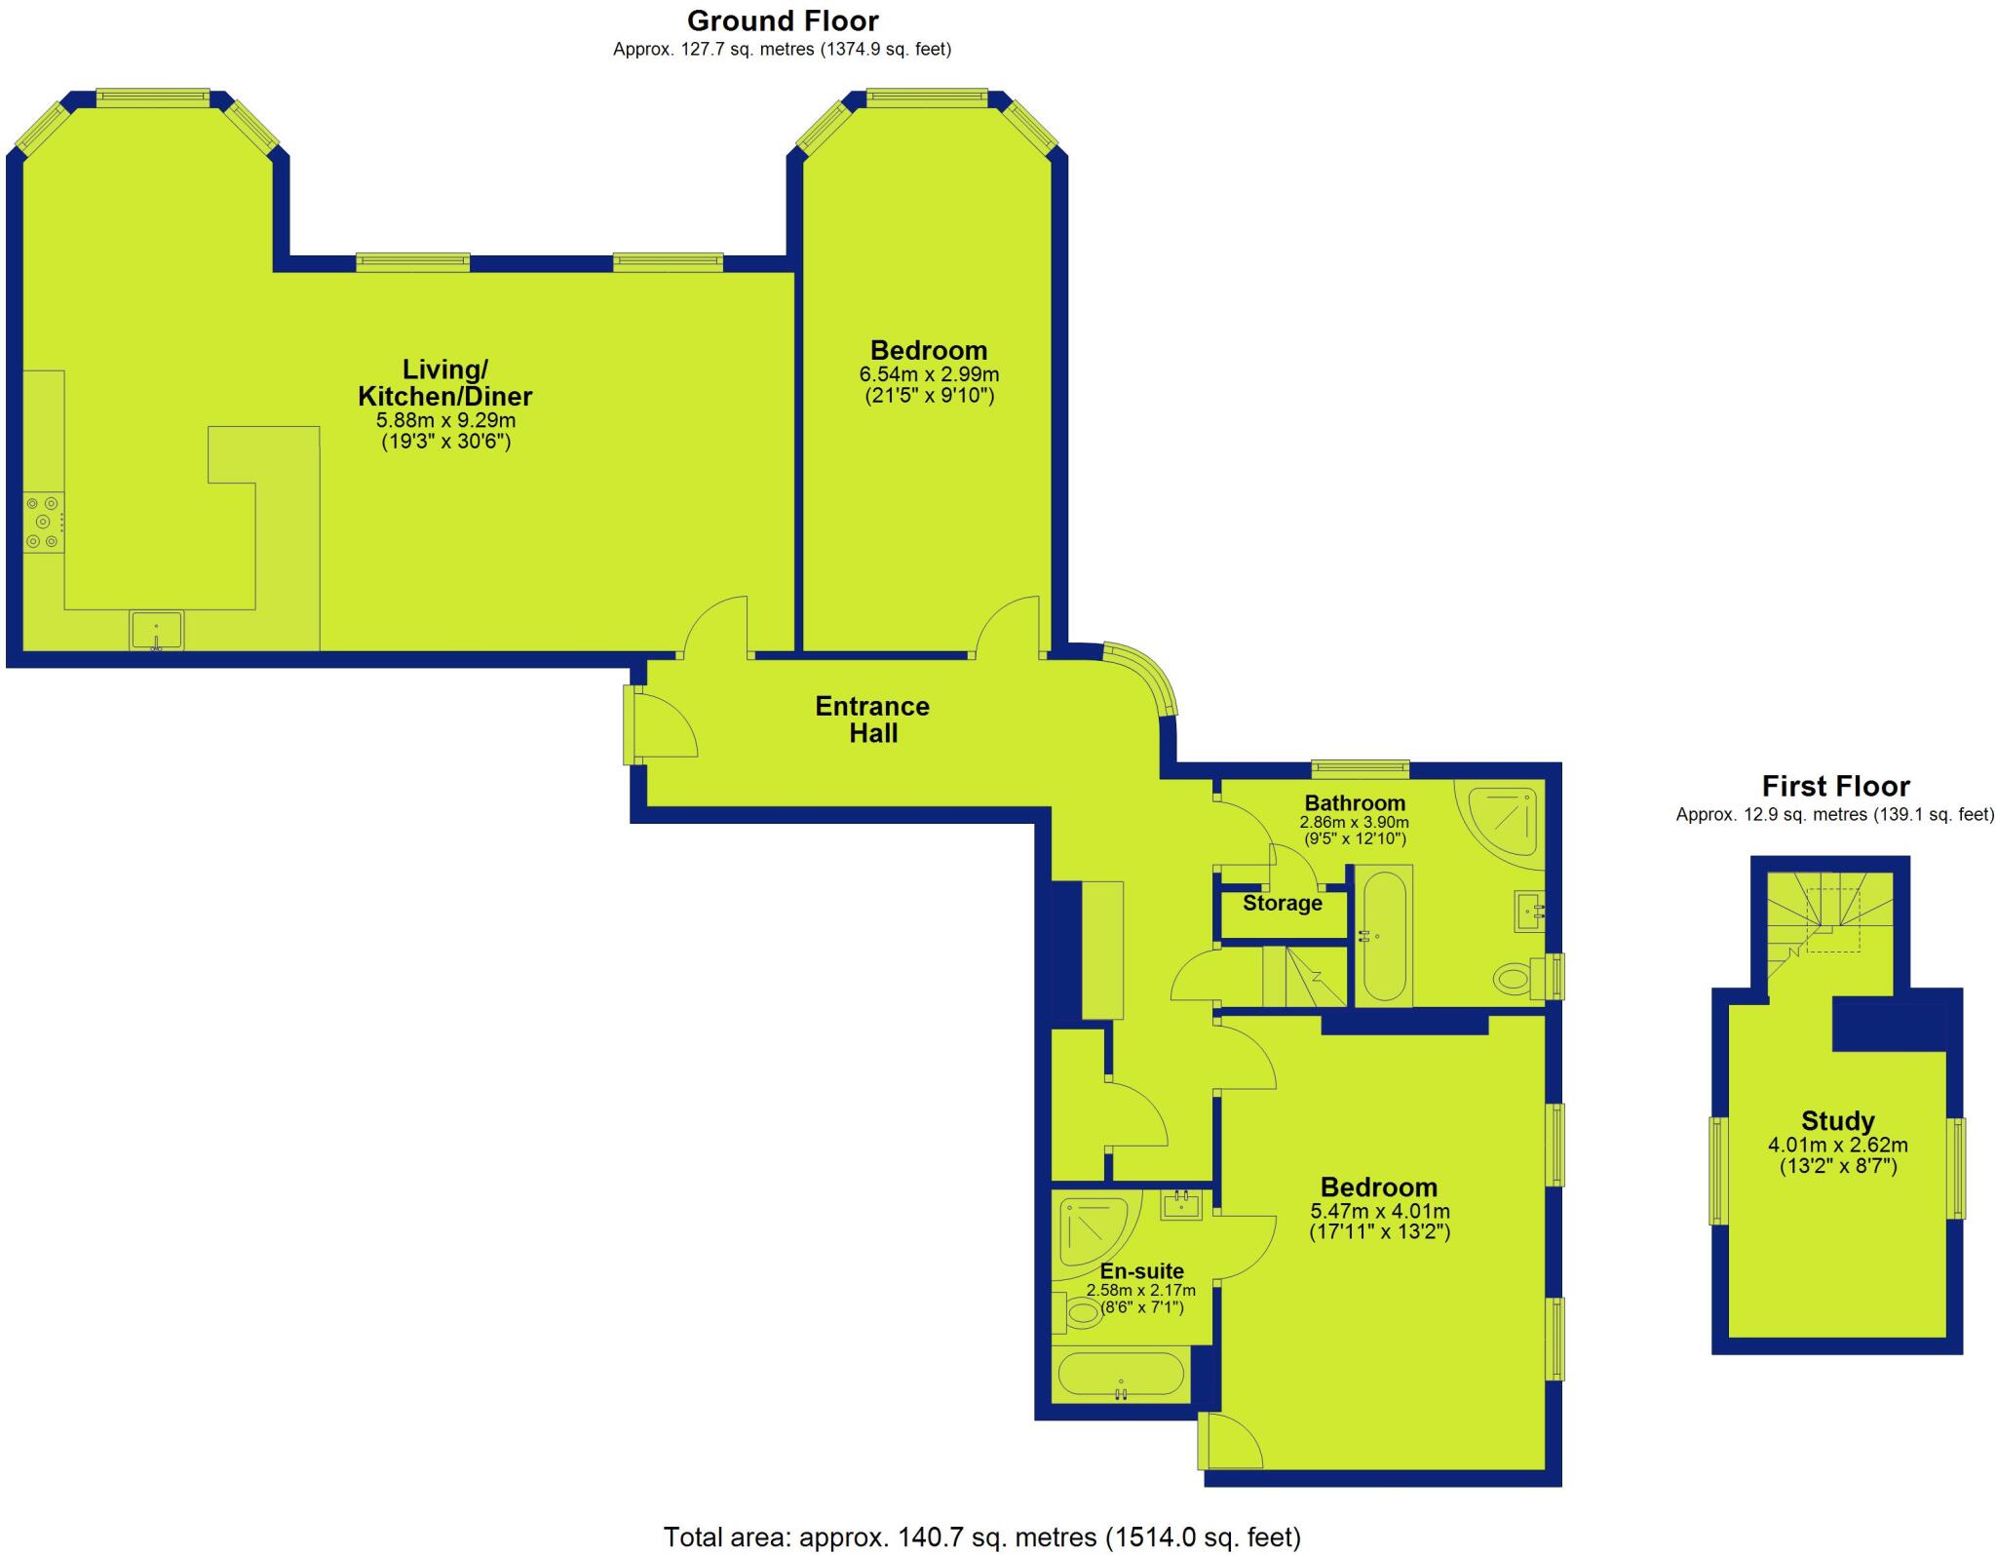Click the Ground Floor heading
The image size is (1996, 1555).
pos(782,20)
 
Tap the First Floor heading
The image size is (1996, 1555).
pos(1835,786)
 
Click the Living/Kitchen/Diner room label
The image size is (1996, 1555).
pos(445,383)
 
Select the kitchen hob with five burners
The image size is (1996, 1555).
pos(44,523)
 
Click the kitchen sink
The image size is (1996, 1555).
pos(156,630)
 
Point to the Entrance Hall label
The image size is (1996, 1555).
pos(872,719)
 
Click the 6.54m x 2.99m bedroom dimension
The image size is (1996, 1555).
pos(929,374)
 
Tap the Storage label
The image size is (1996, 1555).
pos(1282,904)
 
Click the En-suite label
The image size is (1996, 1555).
pos(1141,1271)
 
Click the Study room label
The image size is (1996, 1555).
pos(1837,1121)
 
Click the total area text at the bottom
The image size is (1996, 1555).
pos(981,1537)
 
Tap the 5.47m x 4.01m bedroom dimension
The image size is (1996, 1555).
pos(1379,1212)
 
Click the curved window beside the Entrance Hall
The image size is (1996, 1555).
pos(1145,676)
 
